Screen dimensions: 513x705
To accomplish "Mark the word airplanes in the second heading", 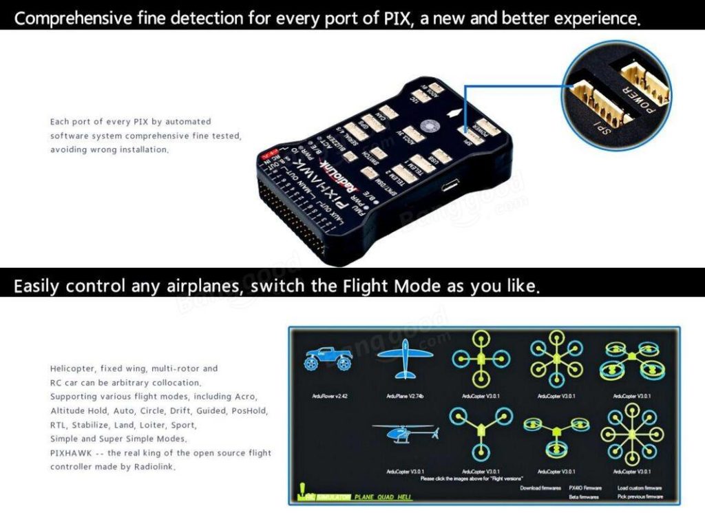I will click(204, 285).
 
